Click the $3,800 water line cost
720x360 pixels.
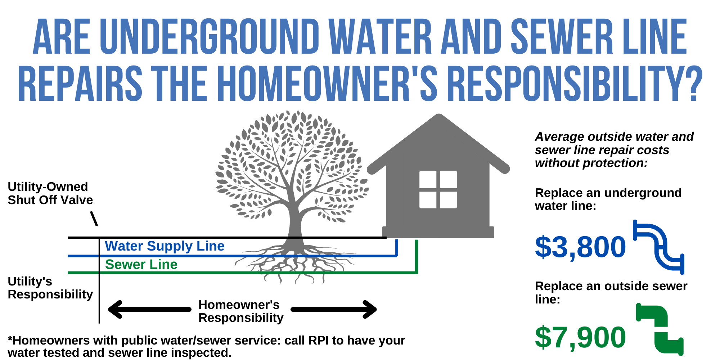click(580, 247)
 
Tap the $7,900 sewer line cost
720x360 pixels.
click(580, 338)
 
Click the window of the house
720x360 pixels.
click(438, 189)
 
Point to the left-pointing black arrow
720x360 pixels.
click(149, 309)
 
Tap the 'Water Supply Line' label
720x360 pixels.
click(165, 246)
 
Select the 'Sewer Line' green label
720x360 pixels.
click(141, 265)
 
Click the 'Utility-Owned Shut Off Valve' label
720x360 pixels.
click(50, 193)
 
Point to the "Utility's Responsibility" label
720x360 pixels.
click(50, 288)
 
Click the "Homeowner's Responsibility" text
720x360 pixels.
click(240, 311)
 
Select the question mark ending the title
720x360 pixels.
click(693, 84)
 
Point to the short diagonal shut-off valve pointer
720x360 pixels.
click(94, 219)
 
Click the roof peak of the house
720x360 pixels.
click(438, 117)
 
